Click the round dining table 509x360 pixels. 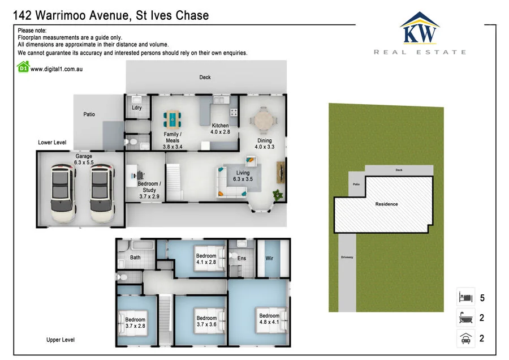[264, 119]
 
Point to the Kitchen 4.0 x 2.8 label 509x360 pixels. [220, 129]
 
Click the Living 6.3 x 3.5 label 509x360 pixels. [243, 176]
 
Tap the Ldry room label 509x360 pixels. [136, 108]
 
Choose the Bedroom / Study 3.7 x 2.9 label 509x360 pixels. [149, 190]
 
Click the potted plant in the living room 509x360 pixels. [277, 195]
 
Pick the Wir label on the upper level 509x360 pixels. [270, 258]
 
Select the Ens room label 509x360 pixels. [242, 258]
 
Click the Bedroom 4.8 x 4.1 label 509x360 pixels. [269, 319]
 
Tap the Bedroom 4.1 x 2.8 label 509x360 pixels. [206, 259]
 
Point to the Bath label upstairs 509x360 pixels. [135, 258]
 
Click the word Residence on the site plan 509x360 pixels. [387, 204]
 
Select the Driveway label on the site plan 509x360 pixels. [347, 258]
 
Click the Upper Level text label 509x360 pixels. [61, 340]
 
